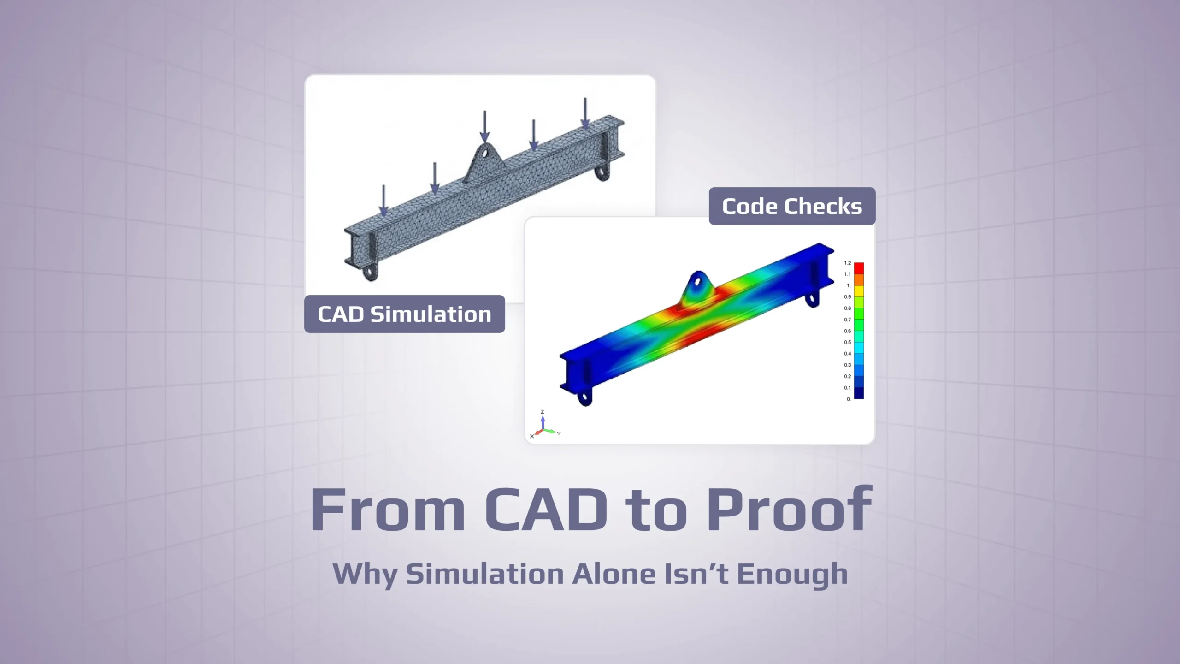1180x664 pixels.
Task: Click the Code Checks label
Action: [791, 206]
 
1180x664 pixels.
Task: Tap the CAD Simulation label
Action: [404, 314]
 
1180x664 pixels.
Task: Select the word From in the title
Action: [387, 510]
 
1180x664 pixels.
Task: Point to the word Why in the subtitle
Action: [364, 574]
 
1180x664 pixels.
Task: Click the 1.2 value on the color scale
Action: [847, 263]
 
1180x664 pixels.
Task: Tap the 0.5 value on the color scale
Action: [847, 342]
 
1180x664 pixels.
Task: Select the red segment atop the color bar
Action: [859, 268]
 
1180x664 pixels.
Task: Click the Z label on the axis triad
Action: [543, 412]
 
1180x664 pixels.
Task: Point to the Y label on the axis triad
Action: [559, 433]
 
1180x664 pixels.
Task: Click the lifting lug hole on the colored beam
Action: [699, 282]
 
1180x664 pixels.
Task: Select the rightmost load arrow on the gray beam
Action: [585, 113]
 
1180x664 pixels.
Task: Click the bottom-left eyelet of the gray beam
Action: [369, 273]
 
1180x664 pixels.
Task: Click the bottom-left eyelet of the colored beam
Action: [585, 397]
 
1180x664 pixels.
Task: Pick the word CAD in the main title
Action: [546, 510]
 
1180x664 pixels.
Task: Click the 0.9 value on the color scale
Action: [847, 296]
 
